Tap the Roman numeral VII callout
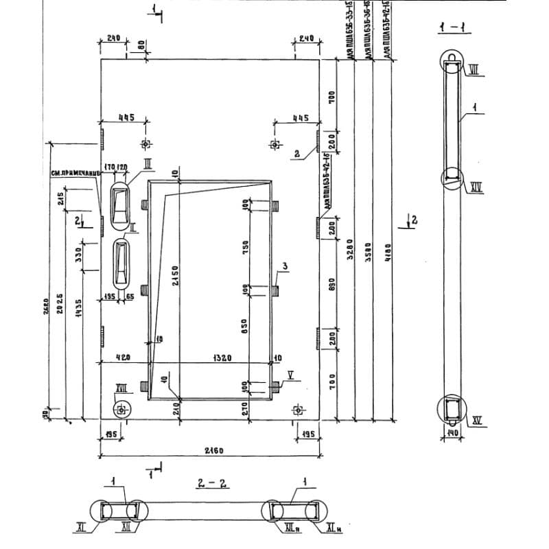[474, 69]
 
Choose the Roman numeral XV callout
[476, 420]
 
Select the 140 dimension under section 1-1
[453, 434]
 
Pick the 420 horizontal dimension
[124, 358]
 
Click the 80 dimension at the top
[141, 46]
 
